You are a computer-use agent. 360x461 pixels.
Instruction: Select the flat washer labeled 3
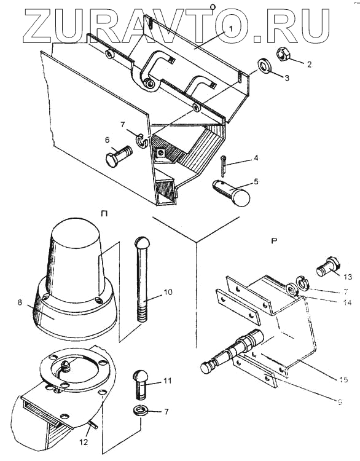[x=265, y=66]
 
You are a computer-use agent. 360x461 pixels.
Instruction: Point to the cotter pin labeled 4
[x=224, y=167]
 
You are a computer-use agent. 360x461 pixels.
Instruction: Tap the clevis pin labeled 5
[x=231, y=193]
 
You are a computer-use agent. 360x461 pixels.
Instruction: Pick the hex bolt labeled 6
[x=119, y=156]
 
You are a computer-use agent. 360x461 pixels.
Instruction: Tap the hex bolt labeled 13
[x=327, y=267]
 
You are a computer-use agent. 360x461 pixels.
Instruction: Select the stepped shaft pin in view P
[x=232, y=351]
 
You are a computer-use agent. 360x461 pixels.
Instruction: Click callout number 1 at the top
[x=231, y=29]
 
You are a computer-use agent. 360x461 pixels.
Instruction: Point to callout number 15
[x=343, y=380]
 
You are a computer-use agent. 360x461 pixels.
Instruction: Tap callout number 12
[x=84, y=442]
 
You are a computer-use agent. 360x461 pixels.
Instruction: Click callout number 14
[x=347, y=302]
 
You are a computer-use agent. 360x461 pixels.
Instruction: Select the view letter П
[x=104, y=214]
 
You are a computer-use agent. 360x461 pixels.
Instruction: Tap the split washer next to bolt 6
[x=143, y=141]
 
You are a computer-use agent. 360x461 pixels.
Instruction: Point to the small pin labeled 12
[x=93, y=424]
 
